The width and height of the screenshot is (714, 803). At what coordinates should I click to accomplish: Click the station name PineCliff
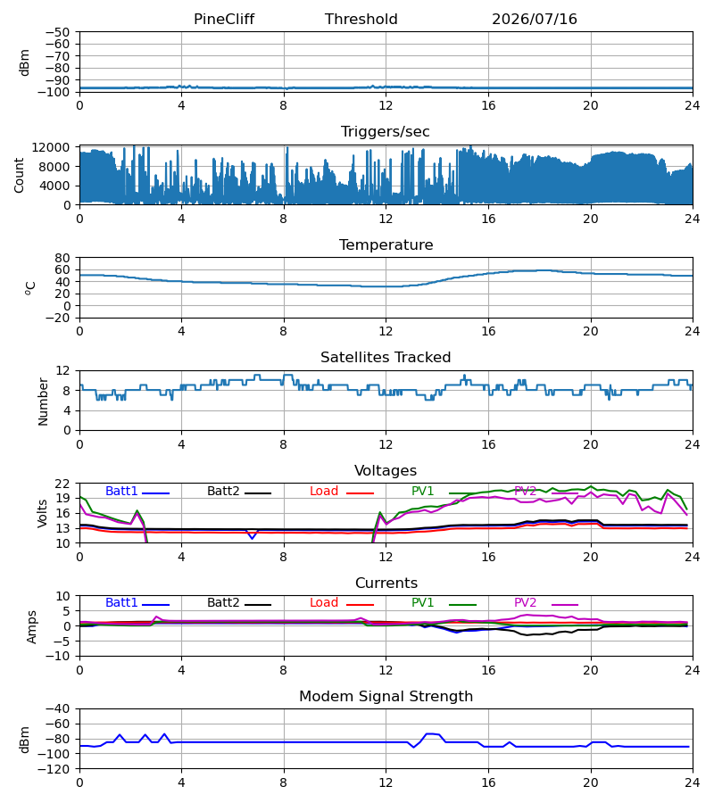tap(224, 20)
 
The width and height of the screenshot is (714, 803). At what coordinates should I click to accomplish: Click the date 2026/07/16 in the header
tap(535, 20)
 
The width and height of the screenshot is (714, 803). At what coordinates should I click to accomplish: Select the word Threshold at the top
tap(361, 20)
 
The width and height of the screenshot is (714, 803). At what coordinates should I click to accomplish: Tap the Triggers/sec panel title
tap(386, 132)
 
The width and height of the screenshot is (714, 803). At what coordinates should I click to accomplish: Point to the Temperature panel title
tap(386, 244)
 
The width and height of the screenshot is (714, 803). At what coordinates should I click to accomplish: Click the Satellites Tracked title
tap(386, 358)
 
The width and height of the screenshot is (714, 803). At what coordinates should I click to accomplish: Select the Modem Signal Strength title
tap(386, 697)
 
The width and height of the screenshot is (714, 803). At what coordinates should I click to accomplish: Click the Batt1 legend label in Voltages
tap(121, 491)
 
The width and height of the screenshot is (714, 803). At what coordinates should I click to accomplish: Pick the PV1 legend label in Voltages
tap(422, 491)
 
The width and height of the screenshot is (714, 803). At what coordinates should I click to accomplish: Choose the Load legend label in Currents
tap(324, 603)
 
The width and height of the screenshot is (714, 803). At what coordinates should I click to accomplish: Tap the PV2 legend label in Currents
tap(525, 603)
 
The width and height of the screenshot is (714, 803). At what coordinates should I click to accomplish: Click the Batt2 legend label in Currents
tap(223, 603)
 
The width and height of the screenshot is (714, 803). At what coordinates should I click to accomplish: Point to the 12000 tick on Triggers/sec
tap(51, 147)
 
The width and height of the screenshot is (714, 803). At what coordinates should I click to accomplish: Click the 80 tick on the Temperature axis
tap(62, 258)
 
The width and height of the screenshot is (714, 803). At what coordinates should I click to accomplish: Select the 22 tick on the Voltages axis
tap(62, 484)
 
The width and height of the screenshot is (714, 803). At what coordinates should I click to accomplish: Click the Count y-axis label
tap(20, 175)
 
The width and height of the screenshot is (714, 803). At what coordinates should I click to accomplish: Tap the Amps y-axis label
tap(32, 627)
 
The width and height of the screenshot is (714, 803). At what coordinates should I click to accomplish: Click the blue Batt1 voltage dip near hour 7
tap(252, 537)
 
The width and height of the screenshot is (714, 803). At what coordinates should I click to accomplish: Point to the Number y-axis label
tap(43, 401)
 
